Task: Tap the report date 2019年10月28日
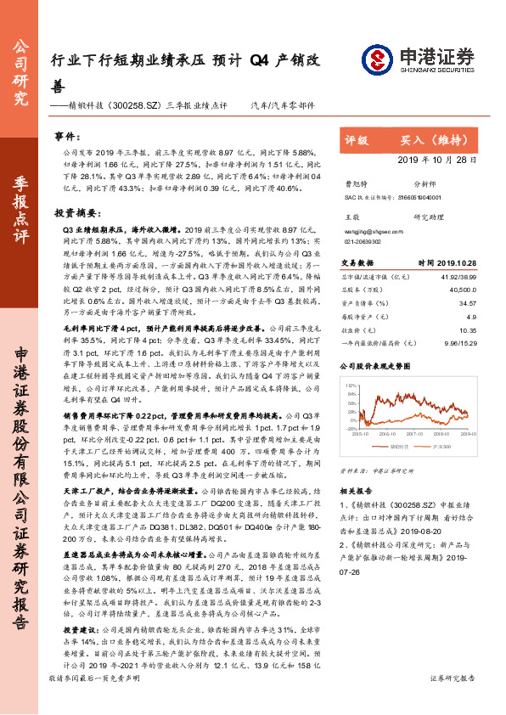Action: click(x=447, y=160)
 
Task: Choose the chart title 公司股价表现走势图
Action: click(x=375, y=365)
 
